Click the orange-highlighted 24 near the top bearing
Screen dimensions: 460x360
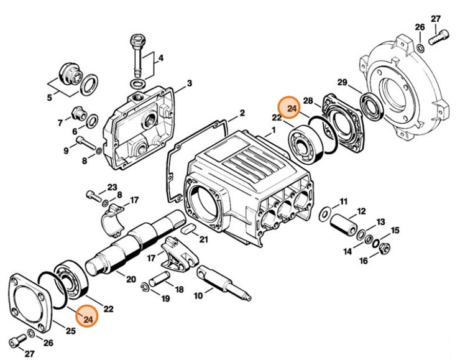[x=292, y=109]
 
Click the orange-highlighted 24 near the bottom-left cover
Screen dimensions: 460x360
[x=88, y=318]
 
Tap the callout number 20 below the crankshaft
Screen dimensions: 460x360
[x=131, y=279]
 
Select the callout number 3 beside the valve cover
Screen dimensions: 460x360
[x=190, y=83]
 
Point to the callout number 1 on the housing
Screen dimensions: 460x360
[x=274, y=130]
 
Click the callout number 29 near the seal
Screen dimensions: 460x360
[x=342, y=83]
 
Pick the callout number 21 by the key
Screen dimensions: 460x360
[x=203, y=239]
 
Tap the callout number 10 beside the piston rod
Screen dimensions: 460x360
[x=198, y=295]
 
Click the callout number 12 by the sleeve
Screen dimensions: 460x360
[x=361, y=211]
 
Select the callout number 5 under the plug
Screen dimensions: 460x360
[x=49, y=98]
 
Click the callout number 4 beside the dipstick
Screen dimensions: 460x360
[x=161, y=58]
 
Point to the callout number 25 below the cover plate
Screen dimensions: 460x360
[x=70, y=331]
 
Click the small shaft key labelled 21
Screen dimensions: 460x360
[x=188, y=228]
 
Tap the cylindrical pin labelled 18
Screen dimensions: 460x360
[x=159, y=279]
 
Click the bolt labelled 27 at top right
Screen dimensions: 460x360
[x=439, y=37]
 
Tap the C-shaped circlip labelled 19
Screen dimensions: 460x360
[x=145, y=287]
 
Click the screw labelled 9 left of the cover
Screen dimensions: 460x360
[x=86, y=142]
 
